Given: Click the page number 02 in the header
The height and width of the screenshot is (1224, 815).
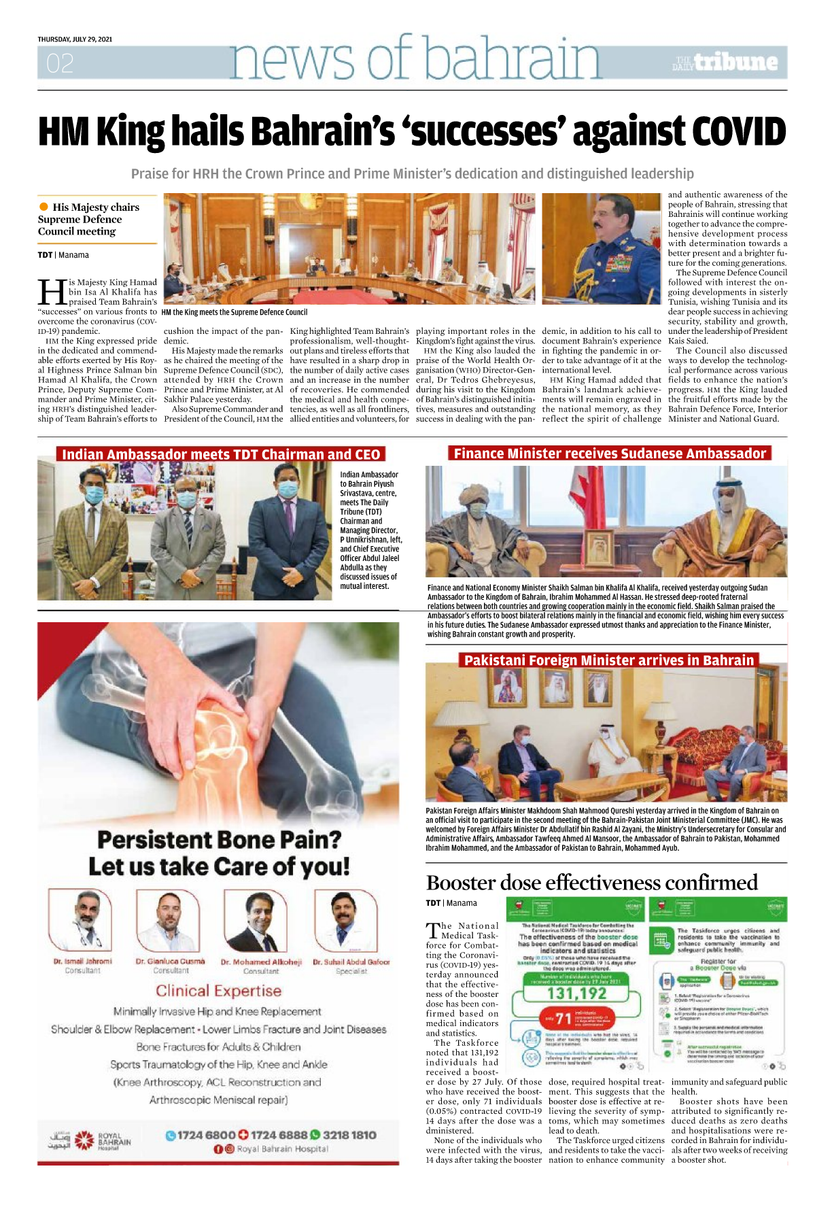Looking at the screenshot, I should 60,64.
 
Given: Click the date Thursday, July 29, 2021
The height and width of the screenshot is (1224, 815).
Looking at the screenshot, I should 75,39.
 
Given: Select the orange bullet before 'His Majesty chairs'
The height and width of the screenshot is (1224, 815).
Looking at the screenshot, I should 44,207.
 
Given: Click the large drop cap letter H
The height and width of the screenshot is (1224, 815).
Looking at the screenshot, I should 52,292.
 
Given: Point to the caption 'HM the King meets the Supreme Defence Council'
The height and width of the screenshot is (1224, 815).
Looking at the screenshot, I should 235,312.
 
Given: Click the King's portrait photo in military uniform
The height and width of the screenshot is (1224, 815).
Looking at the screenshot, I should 601,248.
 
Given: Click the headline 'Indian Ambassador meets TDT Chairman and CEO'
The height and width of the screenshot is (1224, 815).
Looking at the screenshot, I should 221,454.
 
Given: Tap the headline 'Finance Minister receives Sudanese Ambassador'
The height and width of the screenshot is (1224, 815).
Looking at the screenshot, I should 610,454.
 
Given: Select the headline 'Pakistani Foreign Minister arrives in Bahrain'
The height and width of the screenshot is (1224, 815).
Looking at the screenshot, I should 609,660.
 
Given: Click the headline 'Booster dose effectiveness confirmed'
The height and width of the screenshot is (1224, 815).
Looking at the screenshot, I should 591,883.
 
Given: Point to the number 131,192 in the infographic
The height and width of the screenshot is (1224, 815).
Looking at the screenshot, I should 576,994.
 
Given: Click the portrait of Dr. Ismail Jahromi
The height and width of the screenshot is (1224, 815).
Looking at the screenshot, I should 80,920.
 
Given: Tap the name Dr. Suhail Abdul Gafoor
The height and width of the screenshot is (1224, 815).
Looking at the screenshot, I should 351,962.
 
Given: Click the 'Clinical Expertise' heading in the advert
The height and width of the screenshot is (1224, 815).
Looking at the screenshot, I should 218,991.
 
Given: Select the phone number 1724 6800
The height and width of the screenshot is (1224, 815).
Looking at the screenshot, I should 206,1135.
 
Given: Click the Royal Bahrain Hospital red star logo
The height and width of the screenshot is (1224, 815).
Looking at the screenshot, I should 84,1140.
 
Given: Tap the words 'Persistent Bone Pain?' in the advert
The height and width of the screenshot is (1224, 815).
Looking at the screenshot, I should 219,840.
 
